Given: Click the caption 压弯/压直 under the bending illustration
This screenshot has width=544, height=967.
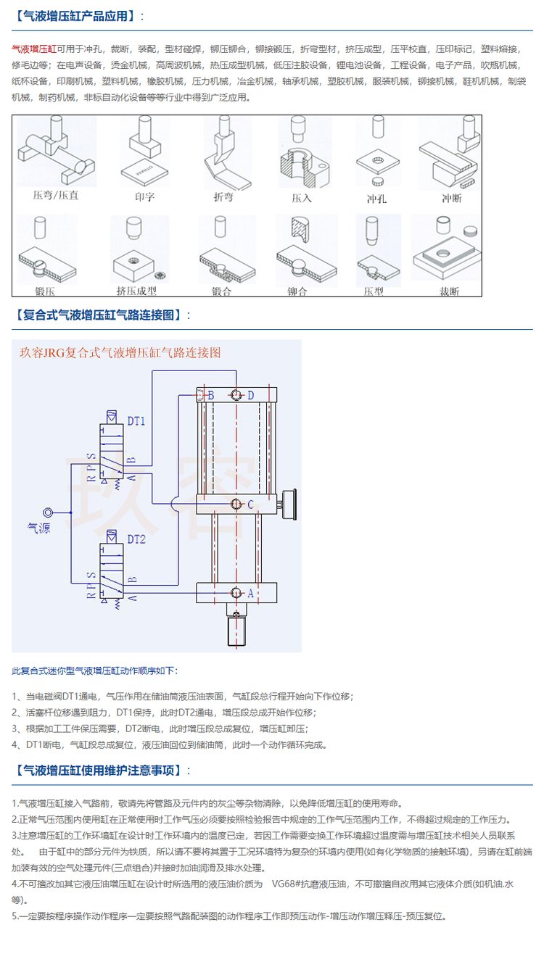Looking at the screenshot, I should point(56,196).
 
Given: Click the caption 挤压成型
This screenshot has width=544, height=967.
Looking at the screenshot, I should point(136,291).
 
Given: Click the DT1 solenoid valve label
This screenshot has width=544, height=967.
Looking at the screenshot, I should point(136,420).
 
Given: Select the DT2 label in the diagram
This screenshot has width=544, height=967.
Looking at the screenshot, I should point(136,539).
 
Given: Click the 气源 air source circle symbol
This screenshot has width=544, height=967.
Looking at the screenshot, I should point(49,512).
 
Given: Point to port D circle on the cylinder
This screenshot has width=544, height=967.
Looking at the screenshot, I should point(237,395).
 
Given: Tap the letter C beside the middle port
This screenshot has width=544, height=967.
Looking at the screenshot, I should point(250,504).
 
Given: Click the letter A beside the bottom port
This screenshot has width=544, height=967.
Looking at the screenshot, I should point(250,593).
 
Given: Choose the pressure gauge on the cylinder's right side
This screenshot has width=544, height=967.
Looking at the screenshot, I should point(290,504).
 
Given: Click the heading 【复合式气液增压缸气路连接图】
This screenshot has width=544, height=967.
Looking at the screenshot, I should point(102,315).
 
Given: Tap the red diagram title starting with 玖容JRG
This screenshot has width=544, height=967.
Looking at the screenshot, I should point(120,353).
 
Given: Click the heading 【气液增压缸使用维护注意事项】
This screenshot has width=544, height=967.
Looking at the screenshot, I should point(102,770).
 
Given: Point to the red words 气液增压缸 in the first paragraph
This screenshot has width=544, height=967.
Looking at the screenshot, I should point(34,49).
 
